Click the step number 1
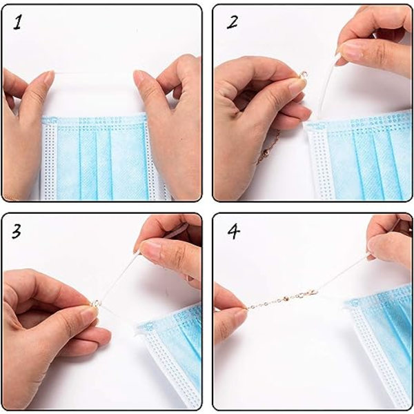coord(17,22)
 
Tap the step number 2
coord(233,22)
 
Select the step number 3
coord(17,232)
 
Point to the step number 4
coord(234,232)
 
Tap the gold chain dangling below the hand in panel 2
coord(269,147)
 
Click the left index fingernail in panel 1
coord(48,77)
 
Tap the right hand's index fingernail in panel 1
coord(139,77)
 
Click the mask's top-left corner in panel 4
coord(349,305)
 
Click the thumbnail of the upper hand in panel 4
coord(373,248)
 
